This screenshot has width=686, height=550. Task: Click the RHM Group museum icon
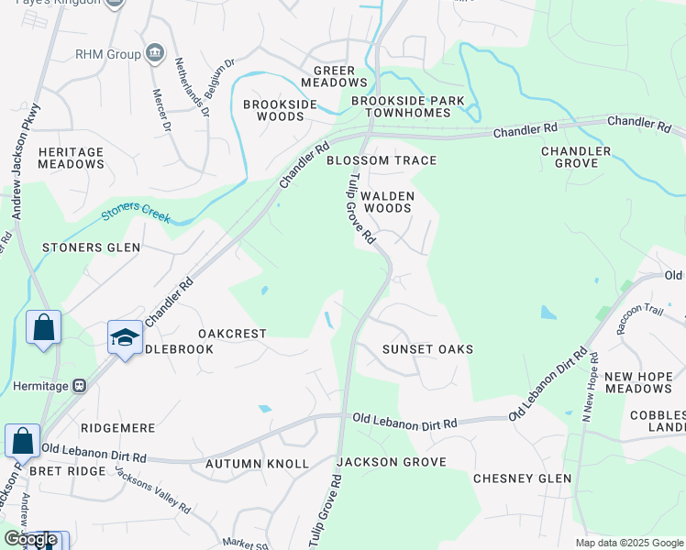coord(155,54)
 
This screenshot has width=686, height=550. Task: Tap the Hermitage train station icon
coord(80,386)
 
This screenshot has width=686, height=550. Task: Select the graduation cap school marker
coord(125,338)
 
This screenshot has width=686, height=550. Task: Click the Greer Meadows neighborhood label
coord(340,76)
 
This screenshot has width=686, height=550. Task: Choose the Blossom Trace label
coord(382,160)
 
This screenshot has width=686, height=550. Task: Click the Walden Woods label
coord(388,202)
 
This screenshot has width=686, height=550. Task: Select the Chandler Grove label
coord(576,157)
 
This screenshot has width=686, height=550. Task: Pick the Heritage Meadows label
coord(72,157)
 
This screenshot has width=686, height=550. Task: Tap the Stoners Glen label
coord(92,247)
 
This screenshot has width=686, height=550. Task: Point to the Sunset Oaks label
coord(415,349)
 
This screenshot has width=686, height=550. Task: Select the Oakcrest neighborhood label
coord(232,334)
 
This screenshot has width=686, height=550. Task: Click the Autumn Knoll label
coord(258,464)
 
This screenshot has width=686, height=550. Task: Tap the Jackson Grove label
coord(391,462)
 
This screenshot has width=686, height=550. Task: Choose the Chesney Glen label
coord(522,478)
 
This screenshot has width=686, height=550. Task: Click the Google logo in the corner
coord(31,539)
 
